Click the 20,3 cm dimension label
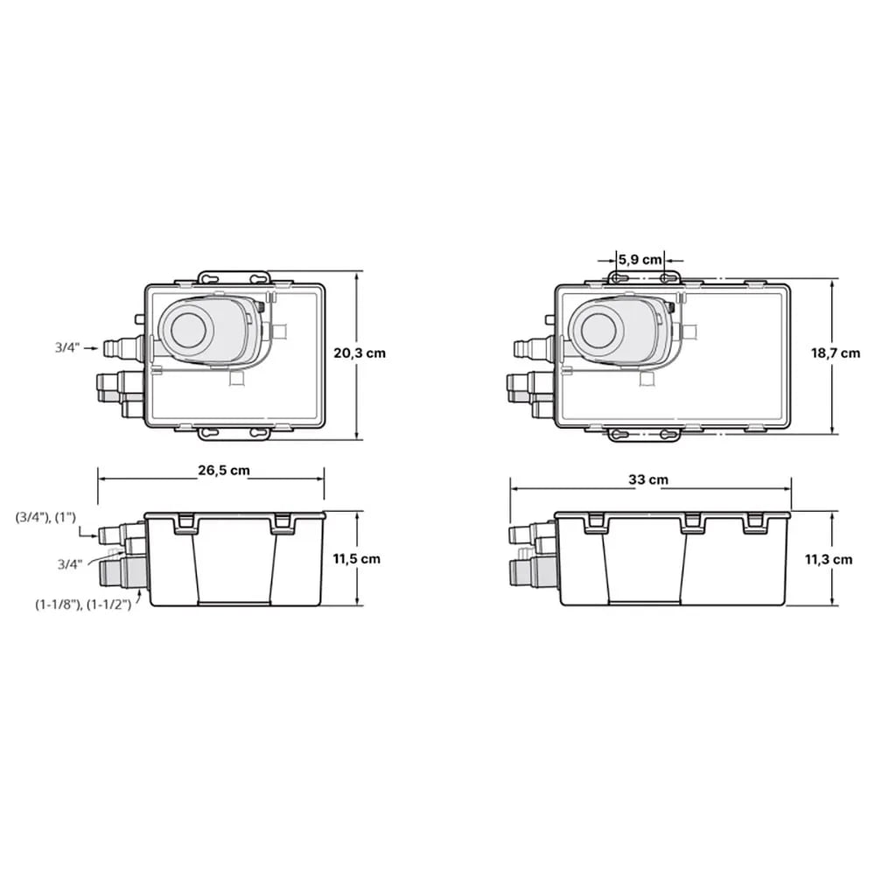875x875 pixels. click(x=360, y=353)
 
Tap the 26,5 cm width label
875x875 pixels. click(x=224, y=471)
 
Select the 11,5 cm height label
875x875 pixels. click(x=357, y=558)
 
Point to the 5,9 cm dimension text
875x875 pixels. click(x=640, y=260)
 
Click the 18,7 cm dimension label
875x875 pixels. click(x=836, y=353)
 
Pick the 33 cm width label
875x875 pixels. click(x=647, y=479)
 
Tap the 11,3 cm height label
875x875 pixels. click(x=828, y=559)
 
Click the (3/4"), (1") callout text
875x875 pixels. click(x=45, y=517)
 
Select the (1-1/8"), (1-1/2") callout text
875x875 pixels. click(x=83, y=604)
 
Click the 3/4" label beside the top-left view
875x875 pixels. click(x=67, y=347)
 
